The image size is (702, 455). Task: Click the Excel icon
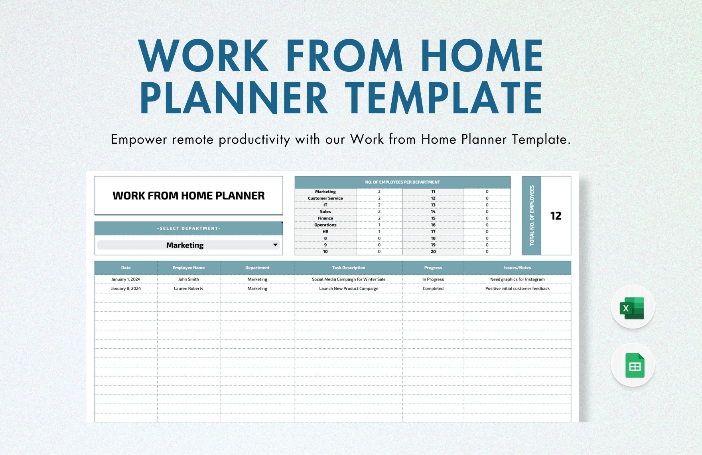click(x=632, y=308)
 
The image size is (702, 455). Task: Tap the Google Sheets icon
click(x=634, y=365)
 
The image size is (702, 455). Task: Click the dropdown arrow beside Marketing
click(x=275, y=245)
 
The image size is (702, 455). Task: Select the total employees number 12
click(x=556, y=216)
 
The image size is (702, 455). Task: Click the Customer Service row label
click(x=325, y=198)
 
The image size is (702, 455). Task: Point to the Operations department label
click(x=325, y=225)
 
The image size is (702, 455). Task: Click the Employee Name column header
click(x=188, y=268)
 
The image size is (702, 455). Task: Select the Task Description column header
click(x=349, y=268)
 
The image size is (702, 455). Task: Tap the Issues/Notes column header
click(x=517, y=268)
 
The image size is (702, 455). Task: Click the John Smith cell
click(x=188, y=279)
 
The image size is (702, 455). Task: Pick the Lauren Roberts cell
click(x=188, y=289)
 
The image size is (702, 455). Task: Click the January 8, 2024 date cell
click(x=126, y=289)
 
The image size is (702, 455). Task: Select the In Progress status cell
click(x=433, y=279)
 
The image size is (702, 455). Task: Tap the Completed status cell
click(x=433, y=289)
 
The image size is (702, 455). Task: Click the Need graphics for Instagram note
click(x=517, y=279)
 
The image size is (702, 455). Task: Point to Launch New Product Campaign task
click(x=349, y=289)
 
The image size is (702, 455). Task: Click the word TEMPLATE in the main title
click(x=443, y=98)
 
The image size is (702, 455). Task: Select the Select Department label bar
click(x=188, y=228)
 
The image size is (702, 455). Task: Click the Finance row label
click(x=325, y=218)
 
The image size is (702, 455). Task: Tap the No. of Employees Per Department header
click(x=402, y=182)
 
